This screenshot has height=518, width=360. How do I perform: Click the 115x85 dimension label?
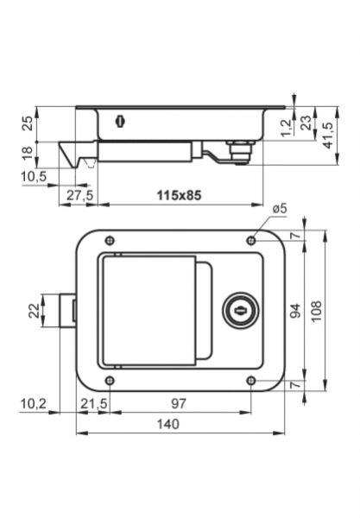(179, 195)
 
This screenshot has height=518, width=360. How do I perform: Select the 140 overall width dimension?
(167, 424)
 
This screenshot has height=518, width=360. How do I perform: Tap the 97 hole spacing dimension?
(179, 403)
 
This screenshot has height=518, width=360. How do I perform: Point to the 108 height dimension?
(316, 311)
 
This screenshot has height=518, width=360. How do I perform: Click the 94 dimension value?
(295, 311)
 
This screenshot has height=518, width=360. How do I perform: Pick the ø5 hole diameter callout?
(280, 209)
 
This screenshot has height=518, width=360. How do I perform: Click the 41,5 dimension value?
(328, 136)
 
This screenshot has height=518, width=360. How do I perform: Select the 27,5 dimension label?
(80, 195)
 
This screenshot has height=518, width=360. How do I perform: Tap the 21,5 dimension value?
(94, 403)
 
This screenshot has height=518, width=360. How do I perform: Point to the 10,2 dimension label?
(34, 403)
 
